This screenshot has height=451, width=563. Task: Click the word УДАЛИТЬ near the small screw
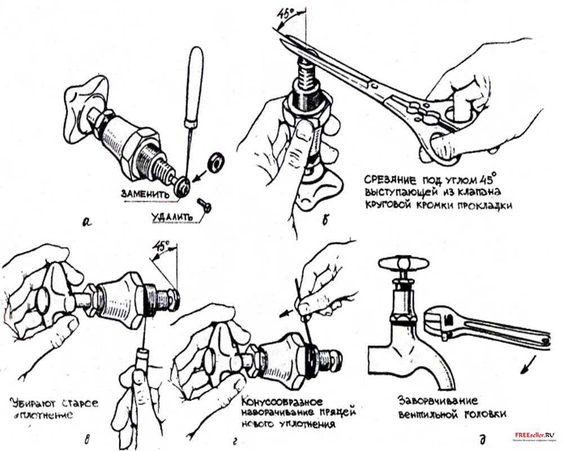[170, 216]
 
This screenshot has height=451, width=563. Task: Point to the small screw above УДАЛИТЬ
[205, 205]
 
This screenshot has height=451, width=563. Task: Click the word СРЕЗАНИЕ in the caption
[389, 180]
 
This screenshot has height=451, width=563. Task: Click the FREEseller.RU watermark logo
[534, 436]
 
